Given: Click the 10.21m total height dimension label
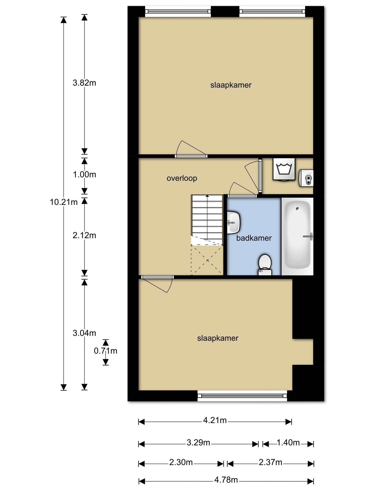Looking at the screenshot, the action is (64, 202).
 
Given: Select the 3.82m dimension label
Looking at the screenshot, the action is (84, 83).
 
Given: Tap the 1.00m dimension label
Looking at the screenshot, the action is (84, 175).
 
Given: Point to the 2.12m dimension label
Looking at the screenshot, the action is (84, 235).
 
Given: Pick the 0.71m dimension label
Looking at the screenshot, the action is (106, 351).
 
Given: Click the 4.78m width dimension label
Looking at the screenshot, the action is (226, 480).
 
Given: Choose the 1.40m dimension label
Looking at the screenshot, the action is (288, 443).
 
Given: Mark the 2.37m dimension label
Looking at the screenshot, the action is (270, 462).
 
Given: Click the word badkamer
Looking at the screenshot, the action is (254, 238).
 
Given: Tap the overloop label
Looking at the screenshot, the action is (182, 178).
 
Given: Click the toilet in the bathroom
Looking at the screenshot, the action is (265, 264).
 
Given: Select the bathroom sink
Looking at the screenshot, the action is (233, 222).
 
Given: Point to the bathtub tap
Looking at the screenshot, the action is (308, 237).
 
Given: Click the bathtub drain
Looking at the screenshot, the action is (298, 209).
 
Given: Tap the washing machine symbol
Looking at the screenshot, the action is (284, 169).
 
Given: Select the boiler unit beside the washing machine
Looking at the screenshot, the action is (306, 178).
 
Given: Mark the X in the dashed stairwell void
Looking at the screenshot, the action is (207, 260).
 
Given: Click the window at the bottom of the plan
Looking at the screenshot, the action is (242, 396).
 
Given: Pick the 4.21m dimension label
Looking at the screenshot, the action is (215, 420).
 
